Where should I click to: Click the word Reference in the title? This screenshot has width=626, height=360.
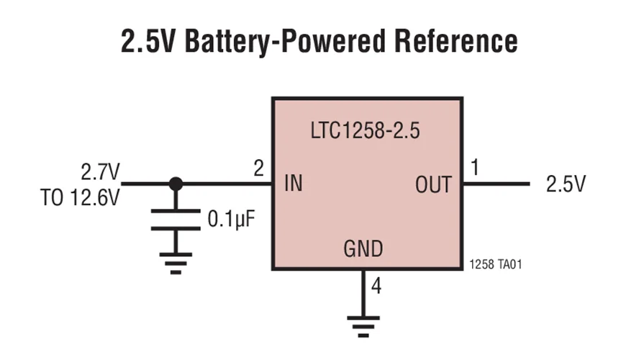click(456, 40)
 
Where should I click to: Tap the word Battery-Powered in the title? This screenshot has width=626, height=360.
click(286, 41)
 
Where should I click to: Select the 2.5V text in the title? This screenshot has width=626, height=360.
click(148, 41)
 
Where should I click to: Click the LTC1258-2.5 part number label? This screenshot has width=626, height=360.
click(365, 130)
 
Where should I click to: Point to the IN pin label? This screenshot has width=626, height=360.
click(294, 184)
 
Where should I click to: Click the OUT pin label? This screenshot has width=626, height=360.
click(434, 184)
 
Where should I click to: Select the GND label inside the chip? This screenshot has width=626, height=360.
click(363, 248)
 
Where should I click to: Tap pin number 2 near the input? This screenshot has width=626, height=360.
click(259, 168)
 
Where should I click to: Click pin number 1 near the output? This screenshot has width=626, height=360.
click(475, 167)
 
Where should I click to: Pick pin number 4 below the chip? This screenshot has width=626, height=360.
click(376, 286)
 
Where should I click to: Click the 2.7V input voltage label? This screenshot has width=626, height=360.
click(100, 172)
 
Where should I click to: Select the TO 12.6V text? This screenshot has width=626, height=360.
click(80, 197)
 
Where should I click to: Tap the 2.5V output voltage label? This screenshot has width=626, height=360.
click(566, 184)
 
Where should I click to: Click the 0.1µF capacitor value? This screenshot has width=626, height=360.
click(231, 220)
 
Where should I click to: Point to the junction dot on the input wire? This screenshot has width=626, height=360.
click(176, 184)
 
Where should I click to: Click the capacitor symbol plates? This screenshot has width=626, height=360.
click(176, 220)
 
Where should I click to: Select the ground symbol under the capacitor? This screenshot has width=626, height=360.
click(176, 264)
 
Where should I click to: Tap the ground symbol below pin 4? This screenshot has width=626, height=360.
click(363, 327)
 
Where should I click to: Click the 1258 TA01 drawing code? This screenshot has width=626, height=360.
click(496, 264)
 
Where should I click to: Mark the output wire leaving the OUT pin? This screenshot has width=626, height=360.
click(496, 184)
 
